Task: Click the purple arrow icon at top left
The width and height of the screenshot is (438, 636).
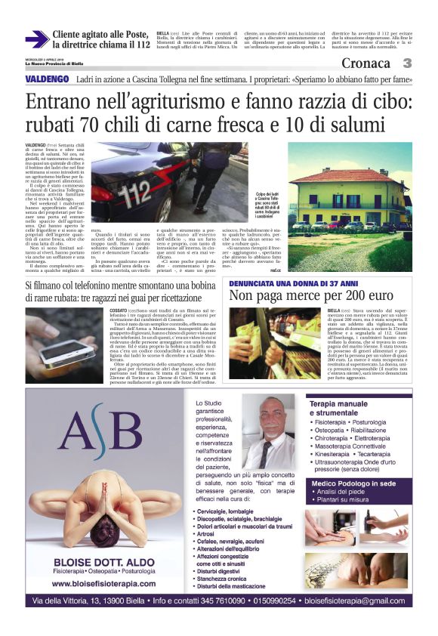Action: (x=36, y=39)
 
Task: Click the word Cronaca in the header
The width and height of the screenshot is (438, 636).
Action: (x=366, y=63)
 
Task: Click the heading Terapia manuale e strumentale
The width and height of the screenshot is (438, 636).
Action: (x=347, y=409)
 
